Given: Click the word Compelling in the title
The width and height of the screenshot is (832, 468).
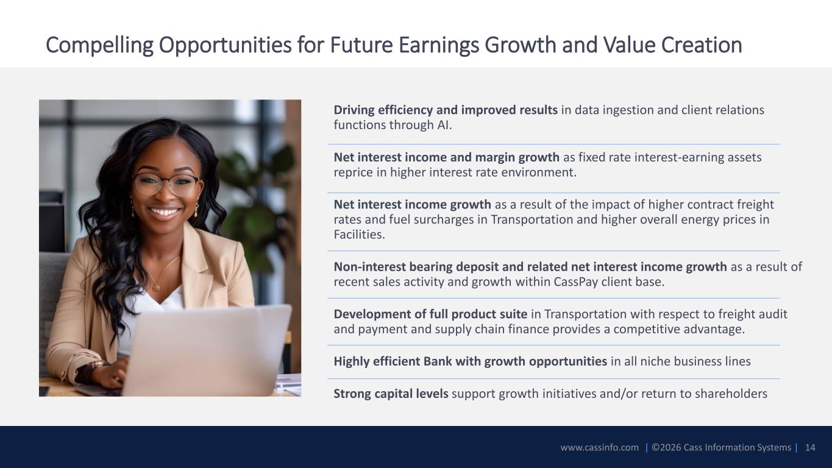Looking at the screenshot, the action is pyautogui.click(x=99, y=45).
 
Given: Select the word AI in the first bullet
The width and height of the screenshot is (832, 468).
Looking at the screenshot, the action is pyautogui.click(x=444, y=125).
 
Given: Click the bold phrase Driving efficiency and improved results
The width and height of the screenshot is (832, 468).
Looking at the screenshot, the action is pyautogui.click(x=446, y=110).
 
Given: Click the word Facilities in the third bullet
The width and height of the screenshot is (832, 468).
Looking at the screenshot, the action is pyautogui.click(x=359, y=235).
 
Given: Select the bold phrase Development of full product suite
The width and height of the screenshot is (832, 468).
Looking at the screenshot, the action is pyautogui.click(x=430, y=314).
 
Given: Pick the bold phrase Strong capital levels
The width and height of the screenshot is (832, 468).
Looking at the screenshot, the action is pyautogui.click(x=391, y=394).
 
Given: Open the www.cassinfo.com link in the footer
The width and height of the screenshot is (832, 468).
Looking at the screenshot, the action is pyautogui.click(x=600, y=447).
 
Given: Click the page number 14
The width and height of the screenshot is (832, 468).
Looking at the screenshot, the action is pyautogui.click(x=810, y=447).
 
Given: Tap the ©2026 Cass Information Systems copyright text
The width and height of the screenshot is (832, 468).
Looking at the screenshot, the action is pyautogui.click(x=721, y=447).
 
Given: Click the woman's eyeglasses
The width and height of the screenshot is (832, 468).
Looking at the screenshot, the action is pyautogui.click(x=166, y=184).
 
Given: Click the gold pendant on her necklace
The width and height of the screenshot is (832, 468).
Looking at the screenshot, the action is pyautogui.click(x=156, y=287).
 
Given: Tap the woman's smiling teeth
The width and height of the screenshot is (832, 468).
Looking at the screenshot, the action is pyautogui.click(x=164, y=213).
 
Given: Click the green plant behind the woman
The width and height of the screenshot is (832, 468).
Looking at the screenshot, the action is pyautogui.click(x=256, y=200).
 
